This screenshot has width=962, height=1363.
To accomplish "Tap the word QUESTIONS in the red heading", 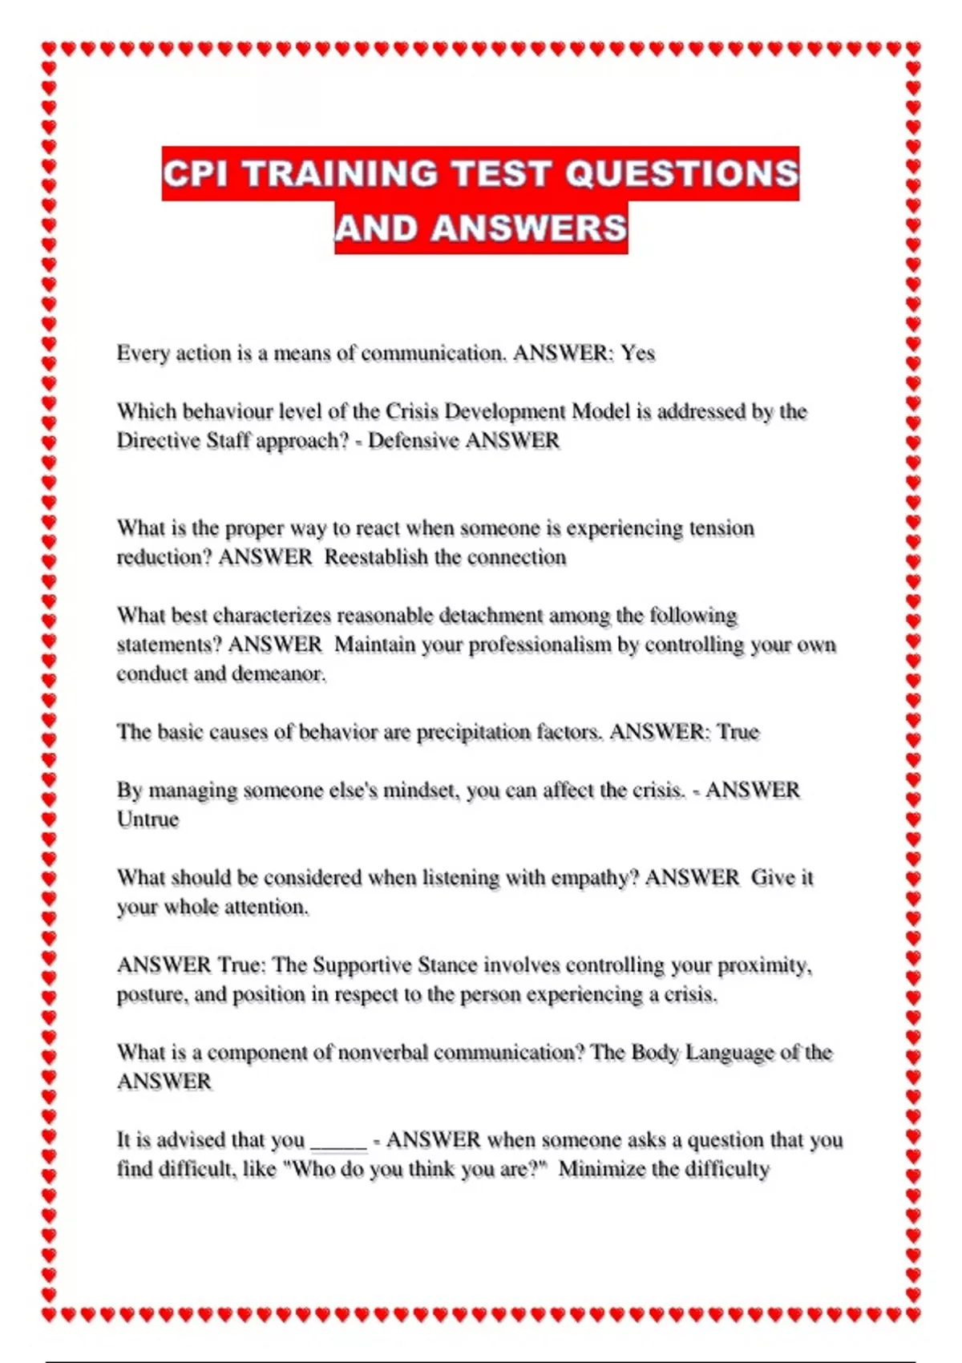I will pyautogui.click(x=681, y=174).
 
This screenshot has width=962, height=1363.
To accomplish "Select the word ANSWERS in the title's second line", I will pyautogui.click(x=528, y=229).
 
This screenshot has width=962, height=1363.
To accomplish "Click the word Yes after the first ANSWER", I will pyautogui.click(x=638, y=354).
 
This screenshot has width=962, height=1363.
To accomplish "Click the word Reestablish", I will pyautogui.click(x=376, y=557).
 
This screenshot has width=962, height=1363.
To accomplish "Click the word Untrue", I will pyautogui.click(x=148, y=819).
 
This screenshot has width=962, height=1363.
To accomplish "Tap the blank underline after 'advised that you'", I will pyautogui.click(x=338, y=1142).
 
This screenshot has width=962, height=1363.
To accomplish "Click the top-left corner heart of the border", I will pyautogui.click(x=49, y=49).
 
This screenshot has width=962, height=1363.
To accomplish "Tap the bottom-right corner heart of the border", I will pyautogui.click(x=913, y=1315).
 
